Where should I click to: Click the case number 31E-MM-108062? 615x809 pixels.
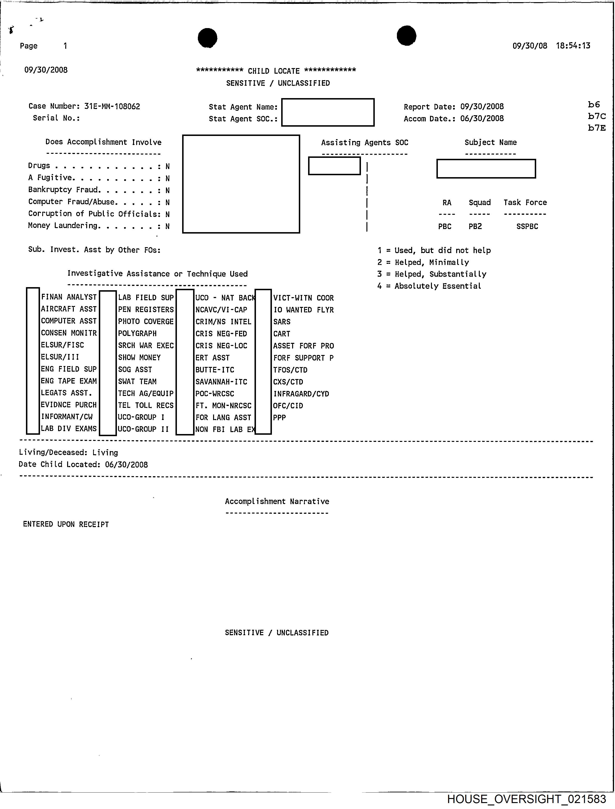112,106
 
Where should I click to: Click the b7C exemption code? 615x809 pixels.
597,116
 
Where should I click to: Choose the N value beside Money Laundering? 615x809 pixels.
167,226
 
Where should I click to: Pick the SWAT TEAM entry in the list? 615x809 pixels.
137,381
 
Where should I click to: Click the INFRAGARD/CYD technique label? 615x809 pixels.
301,394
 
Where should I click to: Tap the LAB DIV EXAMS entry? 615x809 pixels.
69,429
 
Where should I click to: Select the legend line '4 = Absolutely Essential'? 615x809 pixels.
429,286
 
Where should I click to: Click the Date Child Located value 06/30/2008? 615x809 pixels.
126,464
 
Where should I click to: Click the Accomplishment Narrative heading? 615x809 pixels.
277,501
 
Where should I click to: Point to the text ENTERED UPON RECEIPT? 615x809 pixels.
66,524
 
